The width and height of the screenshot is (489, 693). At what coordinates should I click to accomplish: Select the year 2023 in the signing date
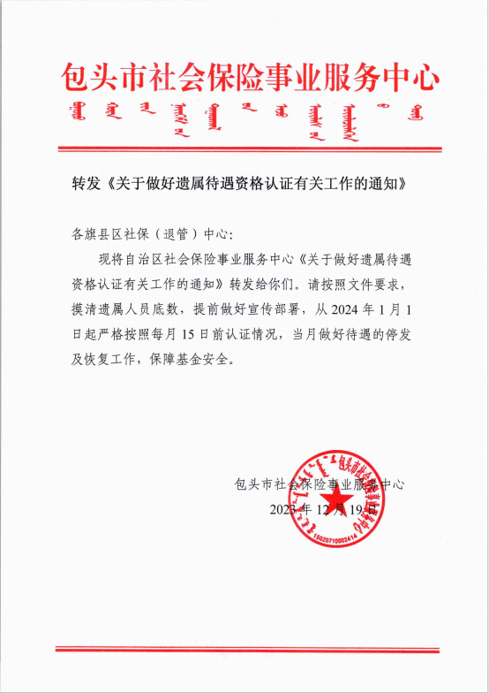click(283, 510)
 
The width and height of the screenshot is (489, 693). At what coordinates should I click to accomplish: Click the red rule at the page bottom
click(247, 649)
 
